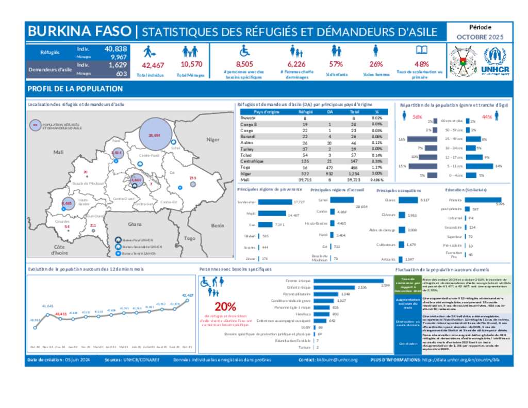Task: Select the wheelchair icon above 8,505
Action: point(244,51)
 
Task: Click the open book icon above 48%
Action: point(422,51)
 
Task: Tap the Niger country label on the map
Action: point(212,140)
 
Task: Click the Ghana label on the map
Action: point(135,224)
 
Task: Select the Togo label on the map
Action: point(190,238)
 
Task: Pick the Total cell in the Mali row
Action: point(353,180)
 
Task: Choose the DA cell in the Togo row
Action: point(329,168)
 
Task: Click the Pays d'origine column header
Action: point(267,111)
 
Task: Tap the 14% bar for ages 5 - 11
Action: point(481,166)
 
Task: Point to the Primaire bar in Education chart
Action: point(479,199)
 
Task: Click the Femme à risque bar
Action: point(346,281)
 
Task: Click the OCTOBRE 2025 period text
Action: point(480,37)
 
